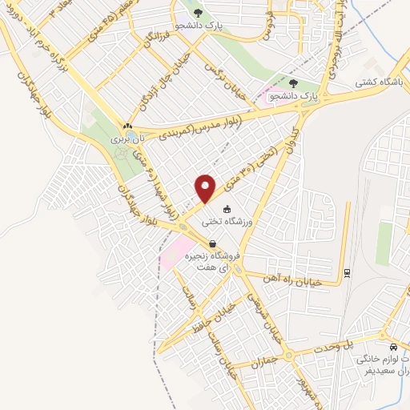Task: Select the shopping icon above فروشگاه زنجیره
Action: click(x=212, y=244)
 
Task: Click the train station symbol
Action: click(x=347, y=272)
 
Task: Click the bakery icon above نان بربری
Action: click(x=127, y=127)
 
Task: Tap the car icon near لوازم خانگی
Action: click(x=392, y=347)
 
